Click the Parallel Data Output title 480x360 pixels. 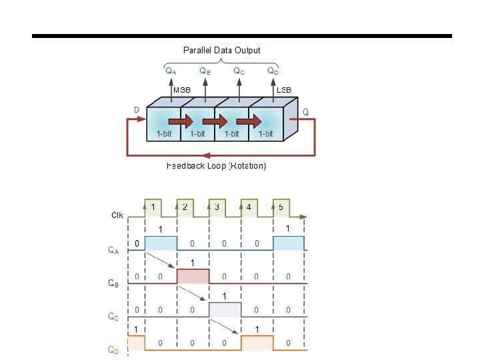point(221,50)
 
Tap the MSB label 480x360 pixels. point(182,90)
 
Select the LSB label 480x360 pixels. point(283,90)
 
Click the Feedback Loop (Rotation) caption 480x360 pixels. point(216,165)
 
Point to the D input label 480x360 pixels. point(137,110)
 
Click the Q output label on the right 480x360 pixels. point(305,112)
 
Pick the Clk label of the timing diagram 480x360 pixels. point(117,215)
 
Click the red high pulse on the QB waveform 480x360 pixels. point(193,276)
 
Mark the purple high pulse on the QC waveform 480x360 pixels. point(225,309)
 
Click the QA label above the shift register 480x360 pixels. point(171,70)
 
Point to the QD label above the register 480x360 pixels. point(273,70)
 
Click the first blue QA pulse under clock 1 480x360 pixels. point(161,243)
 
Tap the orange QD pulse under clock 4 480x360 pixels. point(257,343)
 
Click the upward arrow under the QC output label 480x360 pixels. point(239,87)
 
